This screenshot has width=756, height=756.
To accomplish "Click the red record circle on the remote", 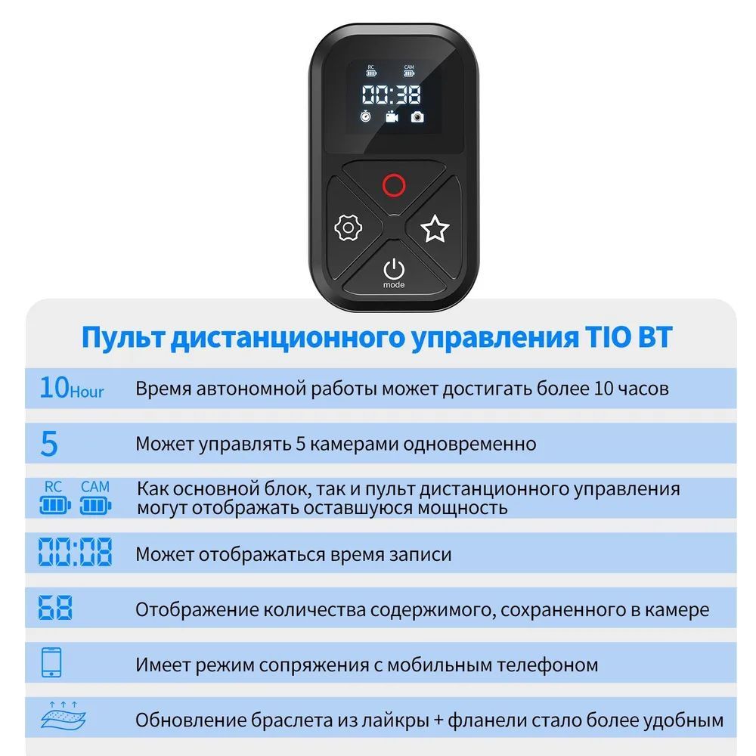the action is (x=393, y=185).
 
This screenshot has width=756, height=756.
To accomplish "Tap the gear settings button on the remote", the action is (x=348, y=228).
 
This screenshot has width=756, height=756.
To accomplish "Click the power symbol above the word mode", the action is (x=393, y=269).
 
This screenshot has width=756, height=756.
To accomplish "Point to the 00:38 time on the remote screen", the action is (x=391, y=94).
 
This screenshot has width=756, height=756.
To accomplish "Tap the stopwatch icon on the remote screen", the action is (x=365, y=116).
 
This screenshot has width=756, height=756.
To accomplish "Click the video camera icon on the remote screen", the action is (x=392, y=116).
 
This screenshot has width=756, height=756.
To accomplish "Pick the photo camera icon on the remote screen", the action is (x=417, y=116).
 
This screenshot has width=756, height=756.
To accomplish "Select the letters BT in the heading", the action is (x=654, y=336).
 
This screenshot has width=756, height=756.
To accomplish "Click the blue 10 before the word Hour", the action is (x=54, y=387).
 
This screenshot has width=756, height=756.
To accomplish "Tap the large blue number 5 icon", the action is (x=49, y=443).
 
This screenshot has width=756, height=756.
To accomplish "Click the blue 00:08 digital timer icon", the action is (x=75, y=552).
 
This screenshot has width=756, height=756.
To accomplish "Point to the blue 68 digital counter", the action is (x=55, y=608).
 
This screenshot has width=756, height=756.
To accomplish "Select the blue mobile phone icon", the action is (x=51, y=662).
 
